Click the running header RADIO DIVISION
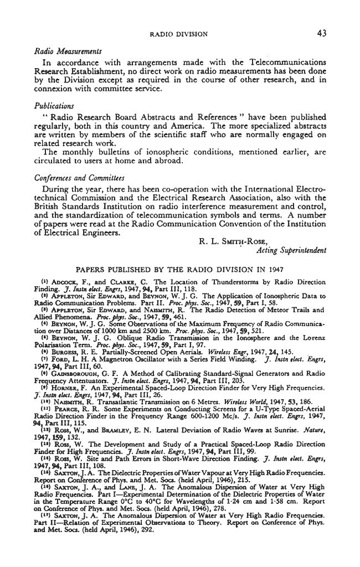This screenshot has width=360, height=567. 179,34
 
